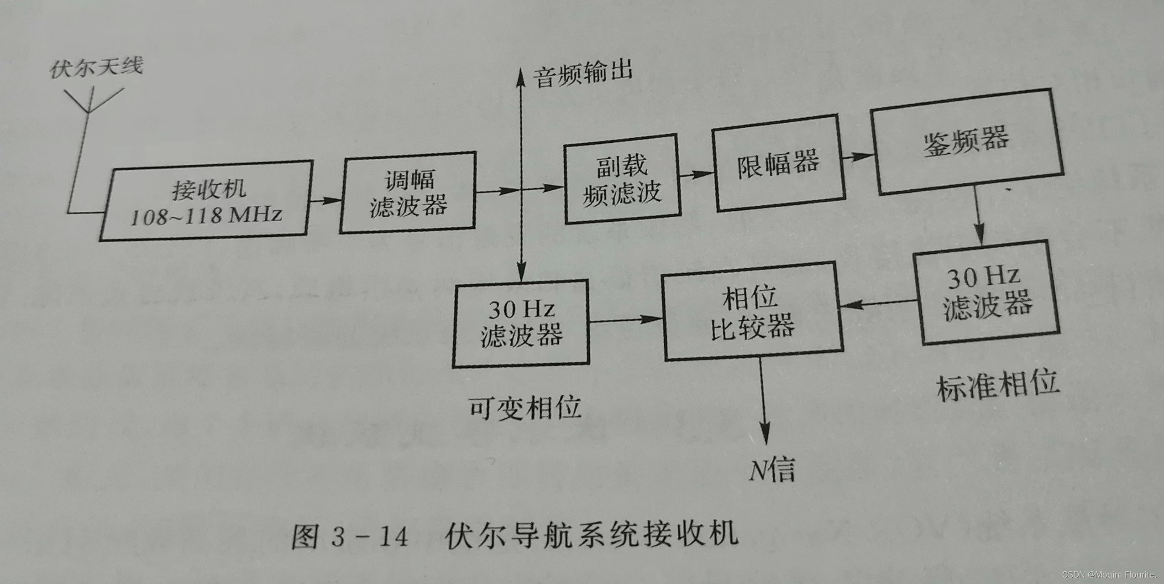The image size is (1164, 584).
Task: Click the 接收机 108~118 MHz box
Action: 206,201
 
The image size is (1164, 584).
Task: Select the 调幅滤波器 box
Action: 408,193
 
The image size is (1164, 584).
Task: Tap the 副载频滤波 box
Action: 622,179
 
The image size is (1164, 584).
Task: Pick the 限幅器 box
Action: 779,163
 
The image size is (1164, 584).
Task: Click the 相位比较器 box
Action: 752,311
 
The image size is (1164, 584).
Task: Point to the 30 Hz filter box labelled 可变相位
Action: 521,323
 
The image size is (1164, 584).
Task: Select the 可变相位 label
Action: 525,407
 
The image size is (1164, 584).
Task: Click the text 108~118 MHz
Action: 206,215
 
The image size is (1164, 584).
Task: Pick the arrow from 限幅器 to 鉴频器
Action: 857,157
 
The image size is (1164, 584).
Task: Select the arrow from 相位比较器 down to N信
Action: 764,401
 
